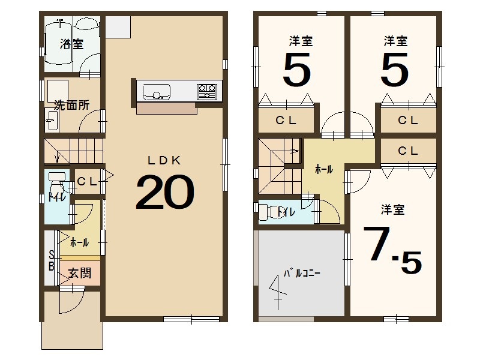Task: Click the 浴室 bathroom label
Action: tap(71, 44)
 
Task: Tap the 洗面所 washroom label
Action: tap(71, 104)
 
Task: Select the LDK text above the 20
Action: tap(164, 160)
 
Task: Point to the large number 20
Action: tap(164, 193)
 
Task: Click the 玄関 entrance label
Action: tap(79, 273)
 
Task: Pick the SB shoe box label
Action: tap(52, 260)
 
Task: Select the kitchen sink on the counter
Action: tap(156, 92)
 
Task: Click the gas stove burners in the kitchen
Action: tap(207, 91)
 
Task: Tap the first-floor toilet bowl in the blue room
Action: tap(58, 179)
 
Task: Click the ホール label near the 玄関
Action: tap(79, 243)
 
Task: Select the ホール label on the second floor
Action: tap(325, 170)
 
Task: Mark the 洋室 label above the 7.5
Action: tap(392, 209)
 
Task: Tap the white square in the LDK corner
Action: tap(118, 27)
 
